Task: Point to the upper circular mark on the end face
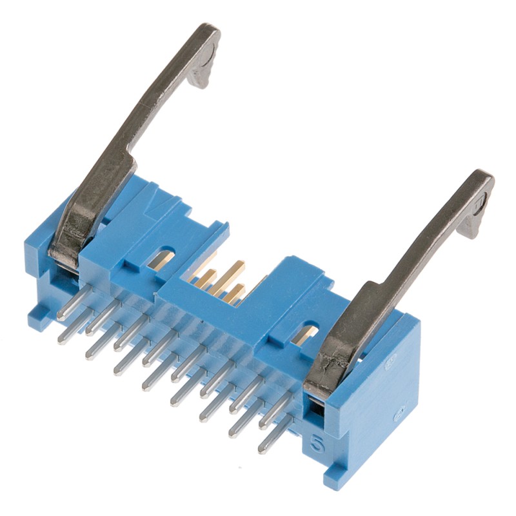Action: pos(390,364)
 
